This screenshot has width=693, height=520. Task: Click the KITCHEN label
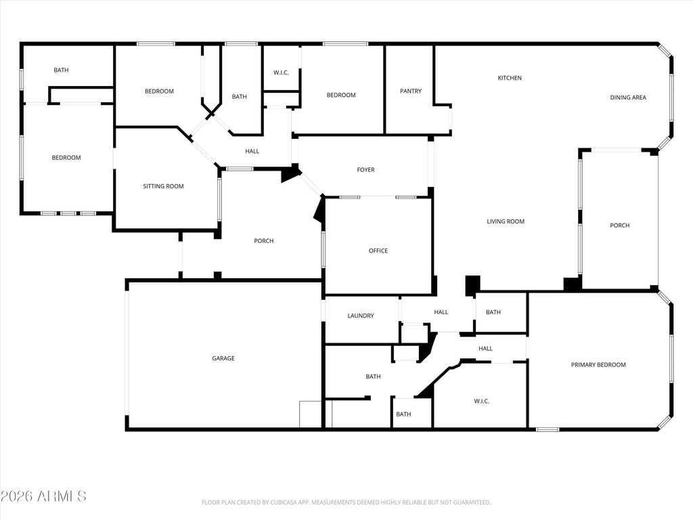pos(510,78)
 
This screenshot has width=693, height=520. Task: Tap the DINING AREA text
pos(627,97)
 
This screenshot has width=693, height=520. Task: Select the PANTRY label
pos(410,91)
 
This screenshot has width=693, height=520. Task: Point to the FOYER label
pos(365,170)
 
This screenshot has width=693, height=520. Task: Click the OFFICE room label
pos(378,251)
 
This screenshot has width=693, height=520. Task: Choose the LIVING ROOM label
pos(506,221)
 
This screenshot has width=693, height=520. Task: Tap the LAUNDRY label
pos(360,316)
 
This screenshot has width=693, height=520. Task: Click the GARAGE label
pos(223,358)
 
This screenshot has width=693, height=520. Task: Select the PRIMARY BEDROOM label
pos(598,365)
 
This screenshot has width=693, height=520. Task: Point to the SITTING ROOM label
pos(163,186)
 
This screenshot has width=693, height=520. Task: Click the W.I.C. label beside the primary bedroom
pos(481,401)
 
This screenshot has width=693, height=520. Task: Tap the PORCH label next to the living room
pos(619,225)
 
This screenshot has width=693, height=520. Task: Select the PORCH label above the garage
pos(263,241)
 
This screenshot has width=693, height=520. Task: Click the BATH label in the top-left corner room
pos(61,70)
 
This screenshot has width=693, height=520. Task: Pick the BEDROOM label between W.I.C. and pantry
pos(340,95)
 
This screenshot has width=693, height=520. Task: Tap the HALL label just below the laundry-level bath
pos(485,349)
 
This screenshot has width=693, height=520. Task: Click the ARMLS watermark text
pos(44,496)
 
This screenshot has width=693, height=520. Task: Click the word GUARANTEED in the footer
pos(470,502)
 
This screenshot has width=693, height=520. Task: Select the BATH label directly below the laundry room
pos(373,376)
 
